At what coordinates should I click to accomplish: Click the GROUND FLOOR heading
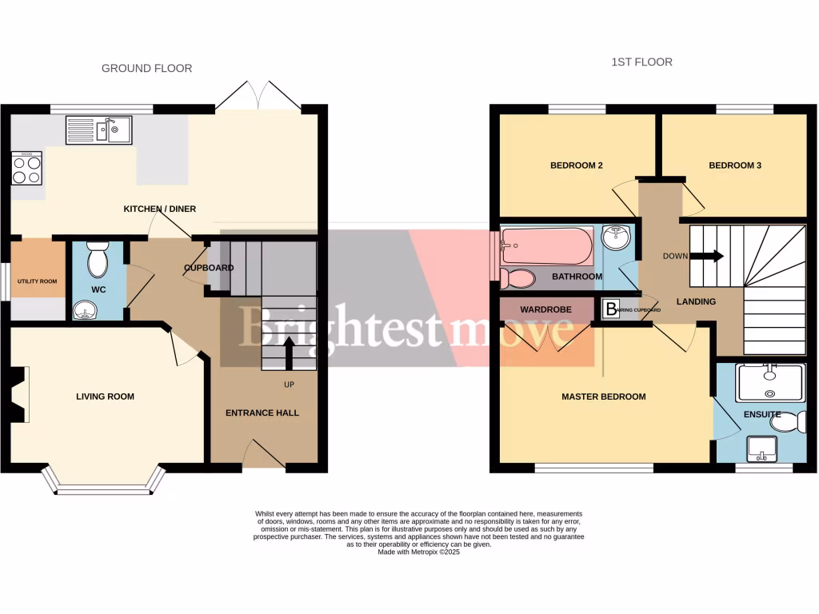point(146,69)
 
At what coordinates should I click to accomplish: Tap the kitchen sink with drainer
point(99,130)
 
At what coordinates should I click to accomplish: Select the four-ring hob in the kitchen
point(27,169)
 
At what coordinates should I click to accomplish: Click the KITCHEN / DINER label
point(159,209)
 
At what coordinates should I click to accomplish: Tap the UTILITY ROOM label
point(38,281)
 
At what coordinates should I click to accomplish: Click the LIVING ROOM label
point(105,397)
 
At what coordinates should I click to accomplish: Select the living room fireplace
point(19,393)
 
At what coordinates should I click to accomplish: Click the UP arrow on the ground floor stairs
point(289,352)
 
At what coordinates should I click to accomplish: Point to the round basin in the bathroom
point(614,237)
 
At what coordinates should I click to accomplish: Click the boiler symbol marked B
point(612,309)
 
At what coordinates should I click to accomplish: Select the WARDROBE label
point(544,308)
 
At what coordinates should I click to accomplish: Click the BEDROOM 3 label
point(734,165)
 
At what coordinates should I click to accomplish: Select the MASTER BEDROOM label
point(603,397)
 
